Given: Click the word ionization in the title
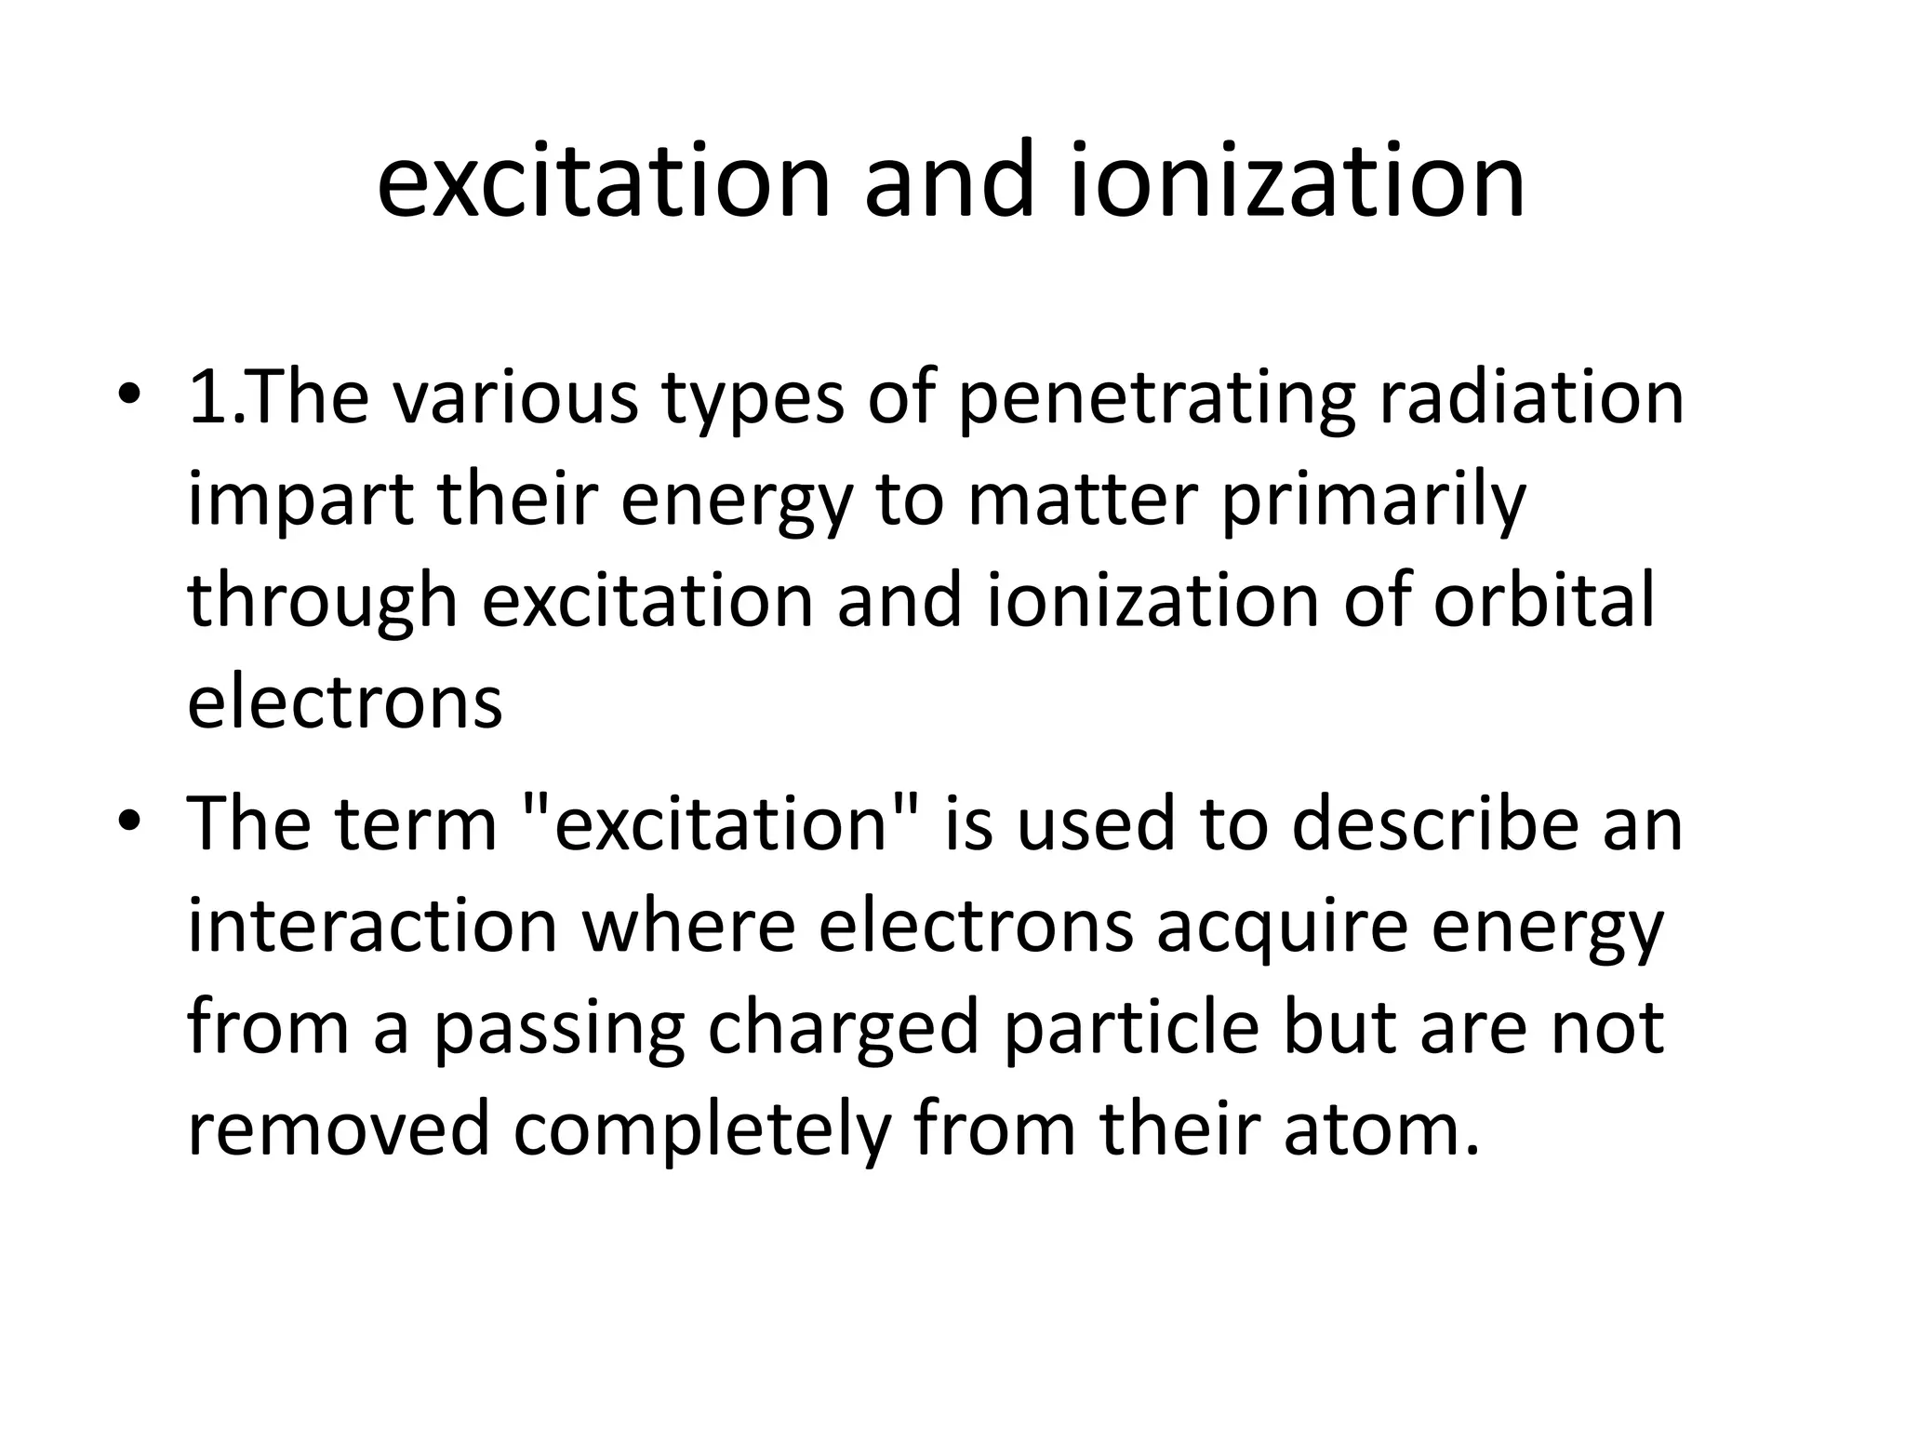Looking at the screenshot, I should (1298, 181).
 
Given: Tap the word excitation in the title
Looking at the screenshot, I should (603, 181).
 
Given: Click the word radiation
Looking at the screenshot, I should (1530, 398).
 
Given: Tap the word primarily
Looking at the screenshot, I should (1373, 501).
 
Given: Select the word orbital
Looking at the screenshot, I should (1544, 600).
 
